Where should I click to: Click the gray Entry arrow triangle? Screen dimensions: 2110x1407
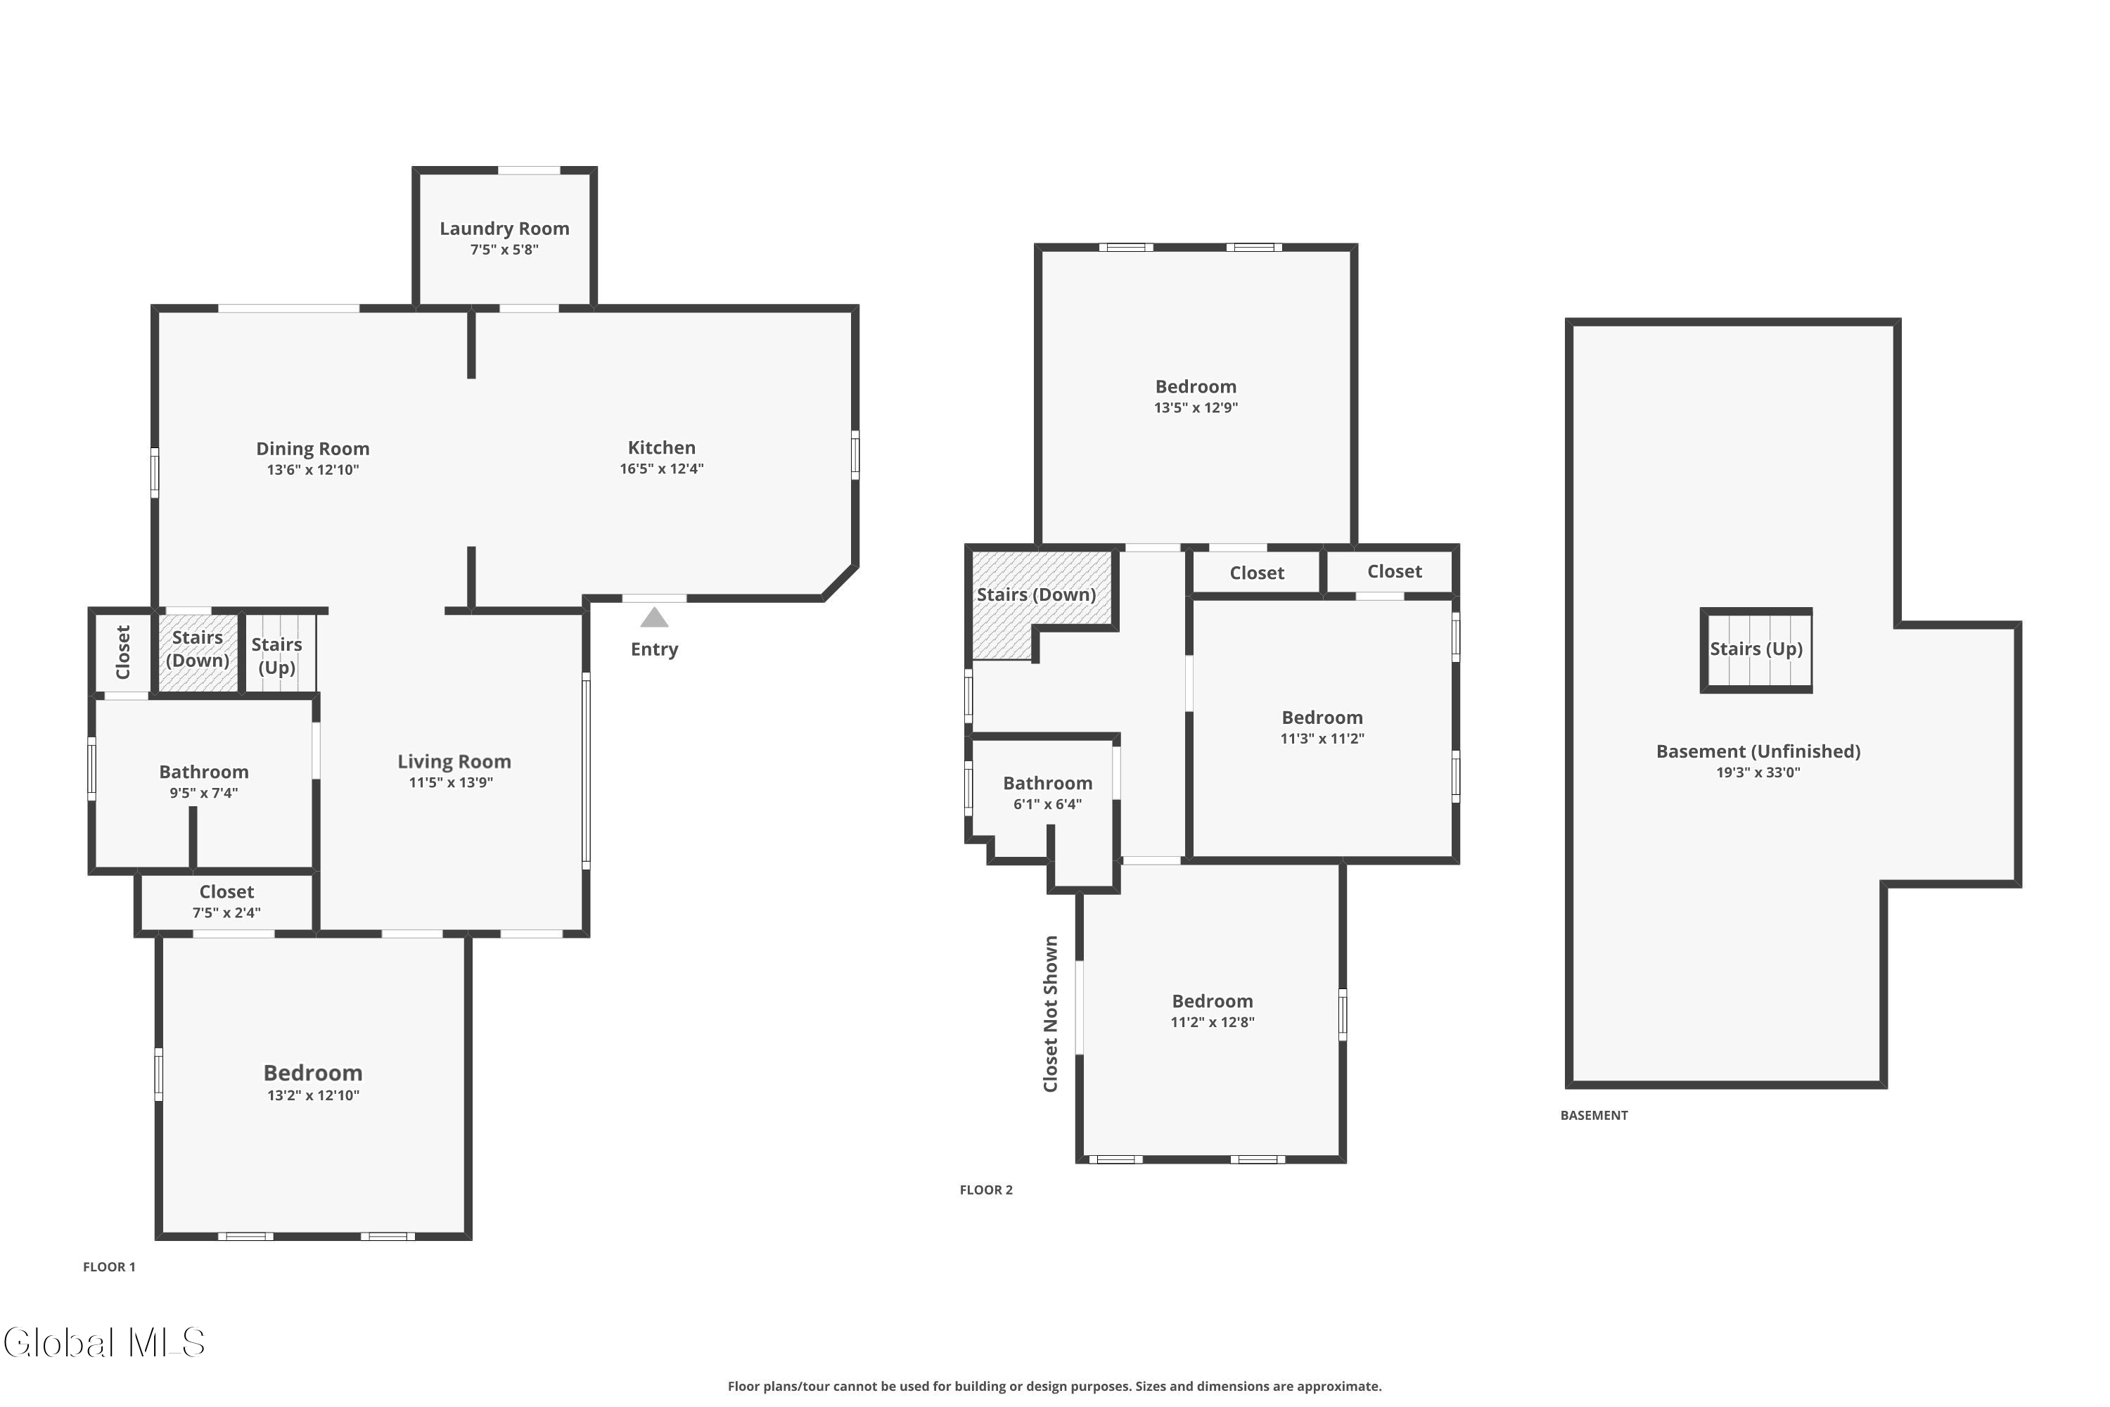pyautogui.click(x=654, y=618)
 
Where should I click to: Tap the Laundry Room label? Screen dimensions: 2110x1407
pyautogui.click(x=504, y=229)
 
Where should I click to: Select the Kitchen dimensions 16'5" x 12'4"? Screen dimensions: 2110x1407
pyautogui.click(x=662, y=469)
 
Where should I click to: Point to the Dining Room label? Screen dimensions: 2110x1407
pyautogui.click(x=313, y=449)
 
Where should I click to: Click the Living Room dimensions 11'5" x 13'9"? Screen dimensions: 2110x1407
pyautogui.click(x=452, y=782)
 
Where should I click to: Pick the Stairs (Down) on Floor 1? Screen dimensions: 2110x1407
pyautogui.click(x=198, y=652)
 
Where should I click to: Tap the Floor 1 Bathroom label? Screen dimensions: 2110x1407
pyautogui.click(x=204, y=772)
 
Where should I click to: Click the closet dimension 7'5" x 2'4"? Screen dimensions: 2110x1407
pyautogui.click(x=227, y=912)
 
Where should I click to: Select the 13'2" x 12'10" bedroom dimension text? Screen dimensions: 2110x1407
pyautogui.click(x=313, y=1095)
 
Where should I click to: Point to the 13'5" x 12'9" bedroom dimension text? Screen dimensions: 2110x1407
pyautogui.click(x=1196, y=407)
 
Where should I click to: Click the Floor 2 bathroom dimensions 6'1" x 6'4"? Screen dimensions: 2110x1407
pyautogui.click(x=1048, y=804)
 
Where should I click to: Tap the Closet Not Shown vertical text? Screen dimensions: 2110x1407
pyautogui.click(x=1051, y=1014)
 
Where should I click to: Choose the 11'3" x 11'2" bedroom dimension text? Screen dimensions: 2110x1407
pyautogui.click(x=1322, y=739)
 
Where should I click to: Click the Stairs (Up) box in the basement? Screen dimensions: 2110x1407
pyautogui.click(x=1756, y=651)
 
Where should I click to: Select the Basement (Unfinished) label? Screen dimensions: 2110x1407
pyautogui.click(x=1758, y=752)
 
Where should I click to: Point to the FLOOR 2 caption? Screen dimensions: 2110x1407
pyautogui.click(x=986, y=1190)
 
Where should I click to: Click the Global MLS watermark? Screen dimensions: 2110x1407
pyautogui.click(x=104, y=1342)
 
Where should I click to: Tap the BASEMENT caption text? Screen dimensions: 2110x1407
pyautogui.click(x=1594, y=1115)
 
